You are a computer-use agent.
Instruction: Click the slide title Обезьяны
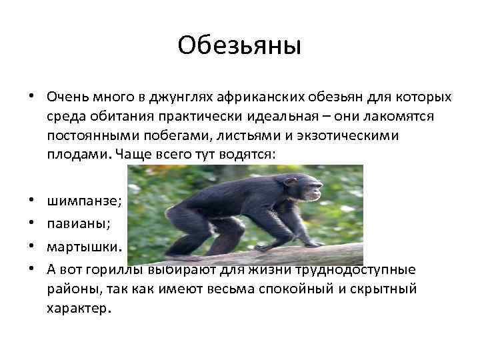tap(240, 47)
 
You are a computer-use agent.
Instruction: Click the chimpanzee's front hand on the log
tap(309, 244)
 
